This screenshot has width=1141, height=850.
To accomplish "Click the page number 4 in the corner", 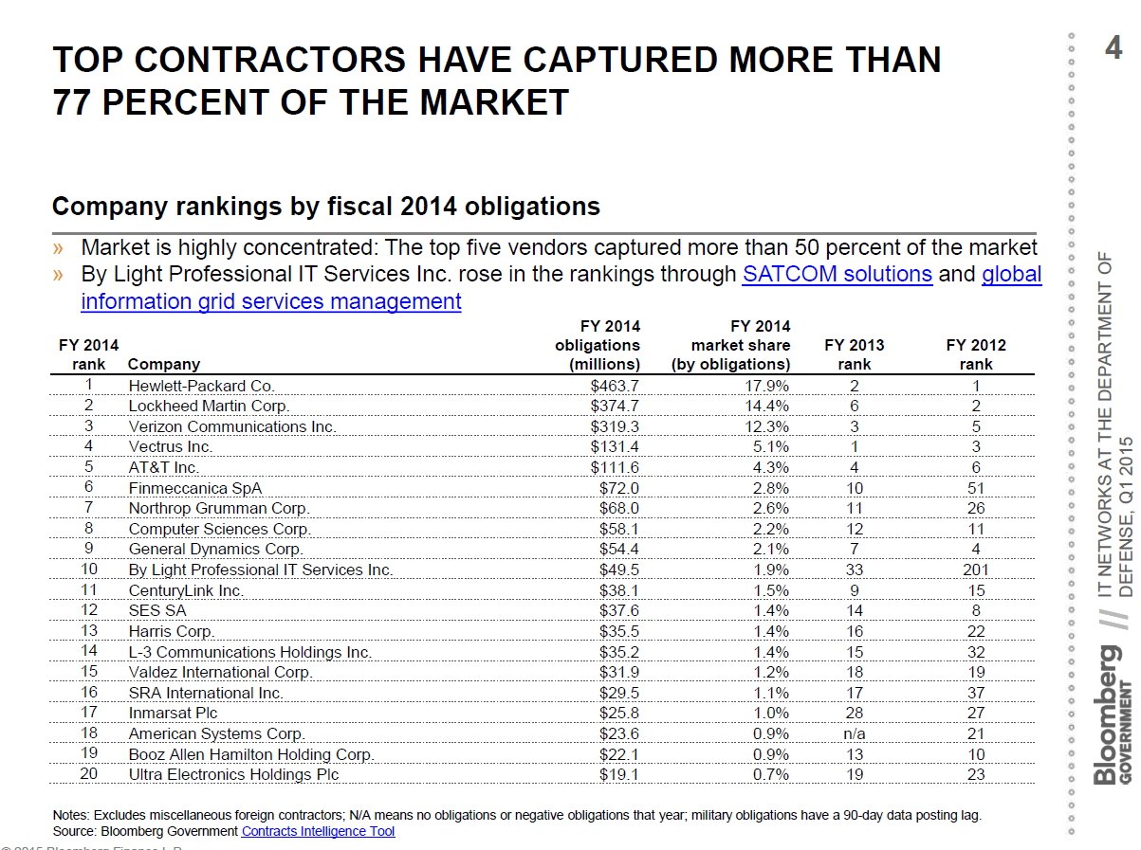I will [1113, 46].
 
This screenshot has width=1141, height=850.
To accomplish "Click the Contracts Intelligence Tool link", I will [318, 831].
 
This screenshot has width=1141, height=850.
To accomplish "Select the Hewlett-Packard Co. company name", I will [201, 386].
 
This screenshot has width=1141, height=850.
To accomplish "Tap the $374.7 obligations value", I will [615, 406].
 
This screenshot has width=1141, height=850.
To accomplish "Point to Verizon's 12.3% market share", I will [766, 426].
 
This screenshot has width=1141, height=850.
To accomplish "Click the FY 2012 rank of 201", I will [975, 570].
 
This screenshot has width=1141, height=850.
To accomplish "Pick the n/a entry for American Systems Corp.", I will [855, 733].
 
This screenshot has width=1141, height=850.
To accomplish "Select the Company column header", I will [163, 364].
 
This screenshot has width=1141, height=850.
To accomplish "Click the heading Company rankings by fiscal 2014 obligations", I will [325, 207].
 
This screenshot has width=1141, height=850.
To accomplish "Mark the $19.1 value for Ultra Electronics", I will [619, 774].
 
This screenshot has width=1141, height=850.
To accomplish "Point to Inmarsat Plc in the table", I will [173, 713].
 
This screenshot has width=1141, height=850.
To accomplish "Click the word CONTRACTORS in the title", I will [267, 60].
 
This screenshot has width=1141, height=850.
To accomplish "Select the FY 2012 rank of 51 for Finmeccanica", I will [976, 488].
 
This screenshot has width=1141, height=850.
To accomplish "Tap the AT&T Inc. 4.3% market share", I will [770, 467].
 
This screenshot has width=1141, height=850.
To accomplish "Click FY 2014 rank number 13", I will [88, 631].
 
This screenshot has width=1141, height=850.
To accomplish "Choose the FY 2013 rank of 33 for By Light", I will [855, 570].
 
